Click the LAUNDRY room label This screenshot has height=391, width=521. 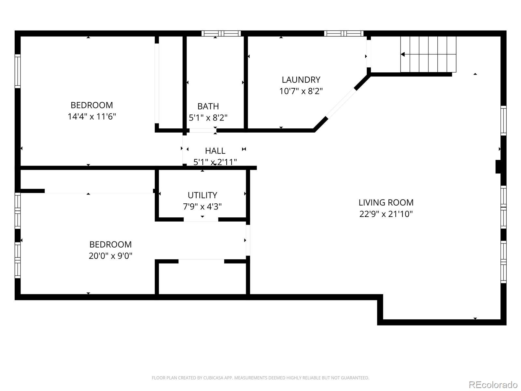pyautogui.click(x=301, y=80)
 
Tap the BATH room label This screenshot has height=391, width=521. pyautogui.click(x=208, y=106)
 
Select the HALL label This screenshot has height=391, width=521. pyautogui.click(x=215, y=151)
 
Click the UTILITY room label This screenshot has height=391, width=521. pyautogui.click(x=202, y=195)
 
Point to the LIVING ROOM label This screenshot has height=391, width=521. pyautogui.click(x=386, y=202)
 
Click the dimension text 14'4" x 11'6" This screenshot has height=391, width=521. pyautogui.click(x=92, y=117)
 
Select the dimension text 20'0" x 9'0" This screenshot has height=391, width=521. pyautogui.click(x=110, y=256)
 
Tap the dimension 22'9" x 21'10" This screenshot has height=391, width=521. pyautogui.click(x=386, y=214)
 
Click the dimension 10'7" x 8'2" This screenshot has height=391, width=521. pyautogui.click(x=301, y=91)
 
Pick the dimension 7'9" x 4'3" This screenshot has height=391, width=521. pyautogui.click(x=202, y=207)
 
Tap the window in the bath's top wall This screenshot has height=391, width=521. pyautogui.click(x=221, y=34)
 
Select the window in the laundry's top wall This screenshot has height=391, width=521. pyautogui.click(x=344, y=34)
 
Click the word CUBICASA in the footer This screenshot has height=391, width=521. pyautogui.click(x=212, y=378)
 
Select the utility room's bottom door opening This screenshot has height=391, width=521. pyautogui.click(x=201, y=220)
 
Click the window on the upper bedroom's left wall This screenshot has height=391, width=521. pyautogui.click(x=18, y=71)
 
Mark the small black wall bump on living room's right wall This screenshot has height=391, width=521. pyautogui.click(x=498, y=167)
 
